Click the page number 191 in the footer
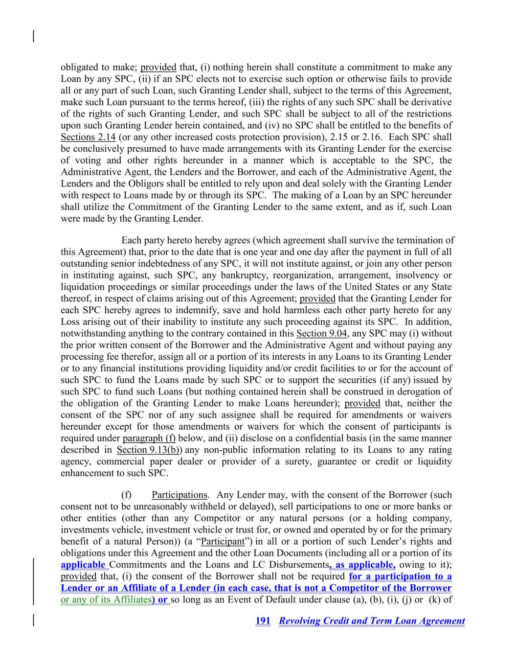tap(263, 621)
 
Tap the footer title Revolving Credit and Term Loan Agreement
tap(372, 621)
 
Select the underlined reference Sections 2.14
tap(88, 137)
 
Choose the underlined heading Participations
tap(179, 495)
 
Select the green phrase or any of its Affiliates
tap(105, 599)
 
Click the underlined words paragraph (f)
tap(149, 438)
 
